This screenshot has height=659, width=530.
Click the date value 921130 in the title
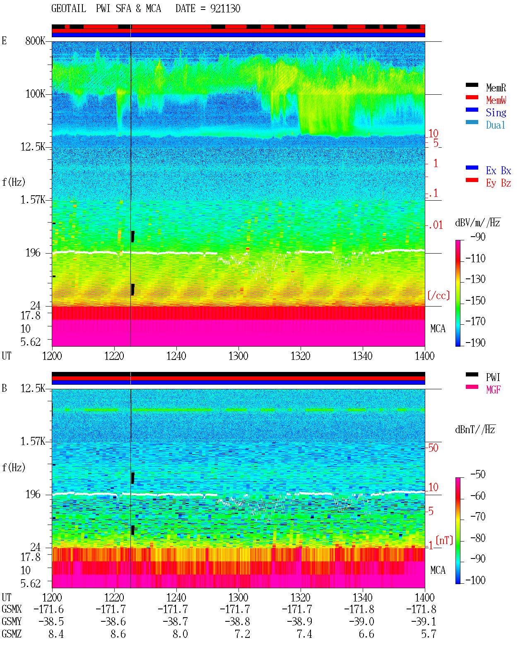pos(225,9)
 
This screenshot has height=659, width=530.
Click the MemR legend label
pos(496,88)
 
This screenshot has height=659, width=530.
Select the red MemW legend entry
pos(496,100)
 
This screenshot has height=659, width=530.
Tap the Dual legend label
pos(496,125)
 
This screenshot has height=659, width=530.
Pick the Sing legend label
pos(496,113)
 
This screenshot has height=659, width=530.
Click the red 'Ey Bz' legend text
pos(499,183)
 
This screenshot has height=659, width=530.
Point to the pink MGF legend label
pos(494,390)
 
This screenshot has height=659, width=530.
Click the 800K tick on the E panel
pos(35,41)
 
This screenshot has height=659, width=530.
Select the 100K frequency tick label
pos(35,94)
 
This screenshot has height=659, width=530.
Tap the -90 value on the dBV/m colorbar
pos(478,237)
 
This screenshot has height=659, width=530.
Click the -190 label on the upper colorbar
pos(475,343)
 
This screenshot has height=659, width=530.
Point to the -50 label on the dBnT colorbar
pos(478,474)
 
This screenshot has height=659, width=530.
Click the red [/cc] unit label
pos(438,295)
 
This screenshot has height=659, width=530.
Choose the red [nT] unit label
pos(444,540)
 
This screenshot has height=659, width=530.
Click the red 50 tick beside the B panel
pos(433,448)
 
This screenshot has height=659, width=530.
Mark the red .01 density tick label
pos(436,225)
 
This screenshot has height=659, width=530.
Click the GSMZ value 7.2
pos(243,634)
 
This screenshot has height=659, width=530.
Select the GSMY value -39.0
pos(362,622)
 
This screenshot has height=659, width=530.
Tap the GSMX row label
pos(12,609)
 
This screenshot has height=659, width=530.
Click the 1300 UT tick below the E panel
pos(238,356)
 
